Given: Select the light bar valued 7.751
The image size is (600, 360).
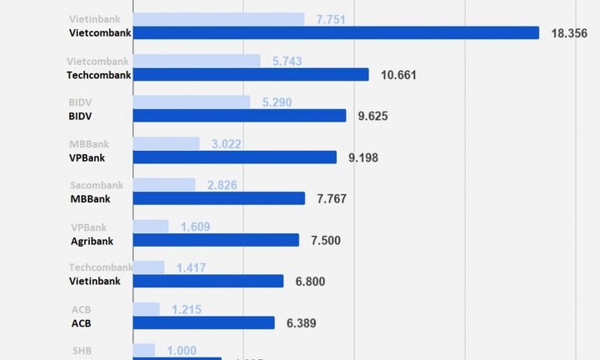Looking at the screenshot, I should [x=218, y=19].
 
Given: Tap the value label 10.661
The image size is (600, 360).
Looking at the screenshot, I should [x=398, y=75].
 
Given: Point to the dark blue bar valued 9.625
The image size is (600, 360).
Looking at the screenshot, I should [x=239, y=116].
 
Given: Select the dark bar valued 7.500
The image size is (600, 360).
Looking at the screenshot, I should [x=216, y=240].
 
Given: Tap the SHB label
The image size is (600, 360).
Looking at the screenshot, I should [x=82, y=351].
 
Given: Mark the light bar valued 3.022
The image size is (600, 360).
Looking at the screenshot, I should [x=166, y=143].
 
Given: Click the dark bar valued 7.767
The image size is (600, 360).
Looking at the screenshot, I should [x=219, y=198].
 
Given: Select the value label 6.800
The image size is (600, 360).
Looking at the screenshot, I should [x=309, y=282].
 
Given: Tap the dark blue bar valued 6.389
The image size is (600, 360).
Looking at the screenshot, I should [x=203, y=322].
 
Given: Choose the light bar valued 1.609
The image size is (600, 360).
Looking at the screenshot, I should [x=151, y=226].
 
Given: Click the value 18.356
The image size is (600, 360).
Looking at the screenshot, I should [x=571, y=33].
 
